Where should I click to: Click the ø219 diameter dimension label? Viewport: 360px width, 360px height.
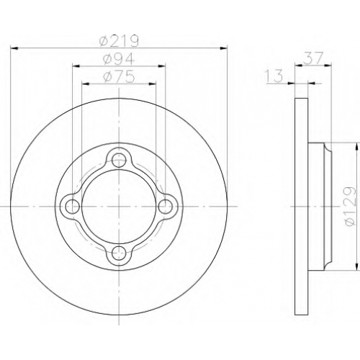[119, 41]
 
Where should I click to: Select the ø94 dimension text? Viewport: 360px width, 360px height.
[118, 59]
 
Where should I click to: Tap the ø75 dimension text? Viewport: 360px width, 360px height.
[118, 77]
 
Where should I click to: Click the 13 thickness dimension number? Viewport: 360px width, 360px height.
[274, 76]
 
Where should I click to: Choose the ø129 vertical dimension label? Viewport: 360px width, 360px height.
[349, 206]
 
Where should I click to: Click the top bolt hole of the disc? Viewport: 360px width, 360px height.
[119, 160]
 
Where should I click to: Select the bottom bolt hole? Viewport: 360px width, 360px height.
[119, 253]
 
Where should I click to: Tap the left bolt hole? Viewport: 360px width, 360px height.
[73, 206]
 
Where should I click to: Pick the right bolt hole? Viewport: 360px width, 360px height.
[166, 206]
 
